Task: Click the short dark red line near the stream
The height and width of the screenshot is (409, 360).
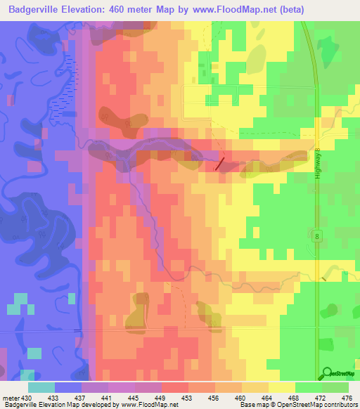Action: (220, 164)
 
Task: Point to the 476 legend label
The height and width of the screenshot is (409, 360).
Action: (346, 398)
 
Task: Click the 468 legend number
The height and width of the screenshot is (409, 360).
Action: (295, 398)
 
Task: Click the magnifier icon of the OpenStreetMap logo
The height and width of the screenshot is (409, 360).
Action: (327, 374)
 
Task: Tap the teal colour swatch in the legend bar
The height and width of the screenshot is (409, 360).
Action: (41, 387)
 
